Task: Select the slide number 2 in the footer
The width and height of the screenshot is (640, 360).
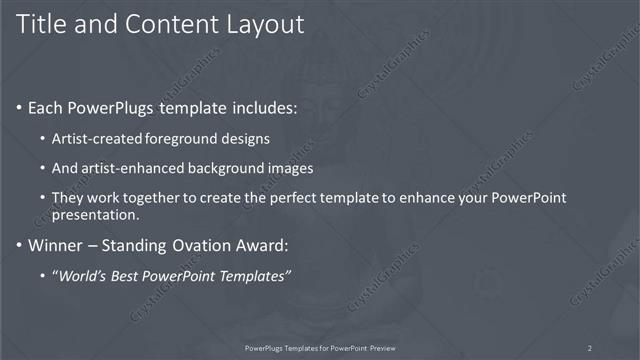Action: pyautogui.click(x=589, y=347)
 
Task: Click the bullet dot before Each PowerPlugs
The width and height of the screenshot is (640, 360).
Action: pyautogui.click(x=20, y=106)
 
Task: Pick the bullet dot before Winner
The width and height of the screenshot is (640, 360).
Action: pyautogui.click(x=20, y=244)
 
